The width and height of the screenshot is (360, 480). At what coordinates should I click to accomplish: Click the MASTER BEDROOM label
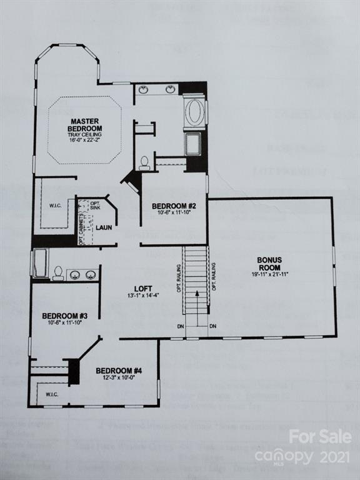click(x=86, y=124)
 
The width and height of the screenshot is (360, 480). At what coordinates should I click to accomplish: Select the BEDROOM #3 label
click(x=64, y=316)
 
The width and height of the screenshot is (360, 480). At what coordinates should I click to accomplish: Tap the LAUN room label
click(x=104, y=227)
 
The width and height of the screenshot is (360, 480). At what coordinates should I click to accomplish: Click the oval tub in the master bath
click(x=194, y=114)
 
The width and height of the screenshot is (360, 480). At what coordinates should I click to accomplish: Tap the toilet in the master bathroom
click(x=144, y=164)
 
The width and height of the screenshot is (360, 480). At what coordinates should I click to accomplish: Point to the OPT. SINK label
click(x=95, y=206)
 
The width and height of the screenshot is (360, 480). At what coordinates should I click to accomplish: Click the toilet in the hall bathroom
click(x=57, y=273)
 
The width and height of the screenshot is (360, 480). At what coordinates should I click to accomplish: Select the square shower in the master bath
click(x=192, y=144)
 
